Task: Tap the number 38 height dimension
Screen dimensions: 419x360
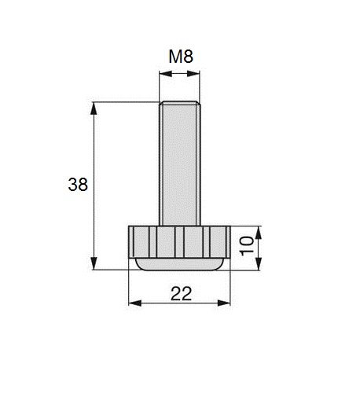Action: [78, 185]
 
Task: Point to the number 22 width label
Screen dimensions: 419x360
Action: [180, 293]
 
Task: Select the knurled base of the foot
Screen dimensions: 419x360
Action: [178, 241]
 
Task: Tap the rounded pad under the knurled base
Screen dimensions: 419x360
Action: [178, 264]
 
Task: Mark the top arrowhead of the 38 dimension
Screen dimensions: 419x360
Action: [94, 106]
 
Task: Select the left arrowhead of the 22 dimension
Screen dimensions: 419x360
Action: [131, 304]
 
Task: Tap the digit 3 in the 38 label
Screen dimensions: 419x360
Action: [73, 185]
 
